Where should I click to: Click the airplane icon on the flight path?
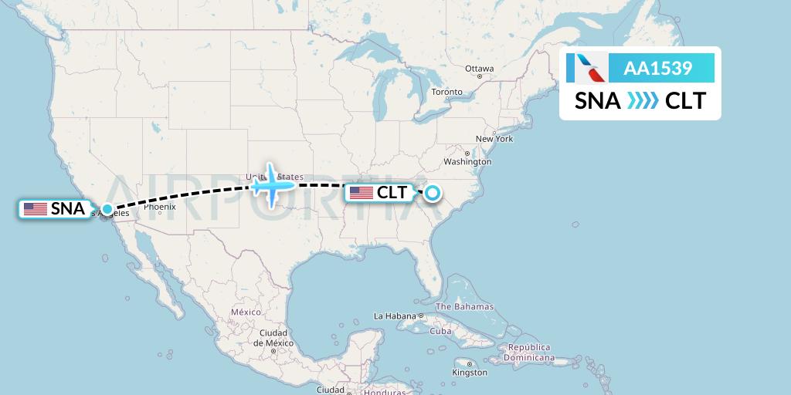[x=271, y=184]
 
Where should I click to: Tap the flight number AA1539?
[x=657, y=69]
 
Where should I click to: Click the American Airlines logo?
[x=586, y=69]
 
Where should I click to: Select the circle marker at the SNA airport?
[x=107, y=208]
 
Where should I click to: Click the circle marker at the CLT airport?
[x=431, y=193]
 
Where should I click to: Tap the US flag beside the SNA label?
[x=36, y=208]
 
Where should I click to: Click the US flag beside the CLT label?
[x=362, y=193]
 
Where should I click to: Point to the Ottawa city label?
[x=479, y=69]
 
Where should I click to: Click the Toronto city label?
[x=446, y=93]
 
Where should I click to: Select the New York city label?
[x=494, y=139]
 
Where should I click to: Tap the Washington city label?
[x=467, y=162]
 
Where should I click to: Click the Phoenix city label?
[x=159, y=207]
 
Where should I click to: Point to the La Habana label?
[x=395, y=316]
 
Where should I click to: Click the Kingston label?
[x=470, y=373]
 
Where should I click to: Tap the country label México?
[x=246, y=311]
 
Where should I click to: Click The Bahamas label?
[x=465, y=306]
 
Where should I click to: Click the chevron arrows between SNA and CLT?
[x=643, y=101]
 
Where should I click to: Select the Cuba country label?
[x=440, y=331]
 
